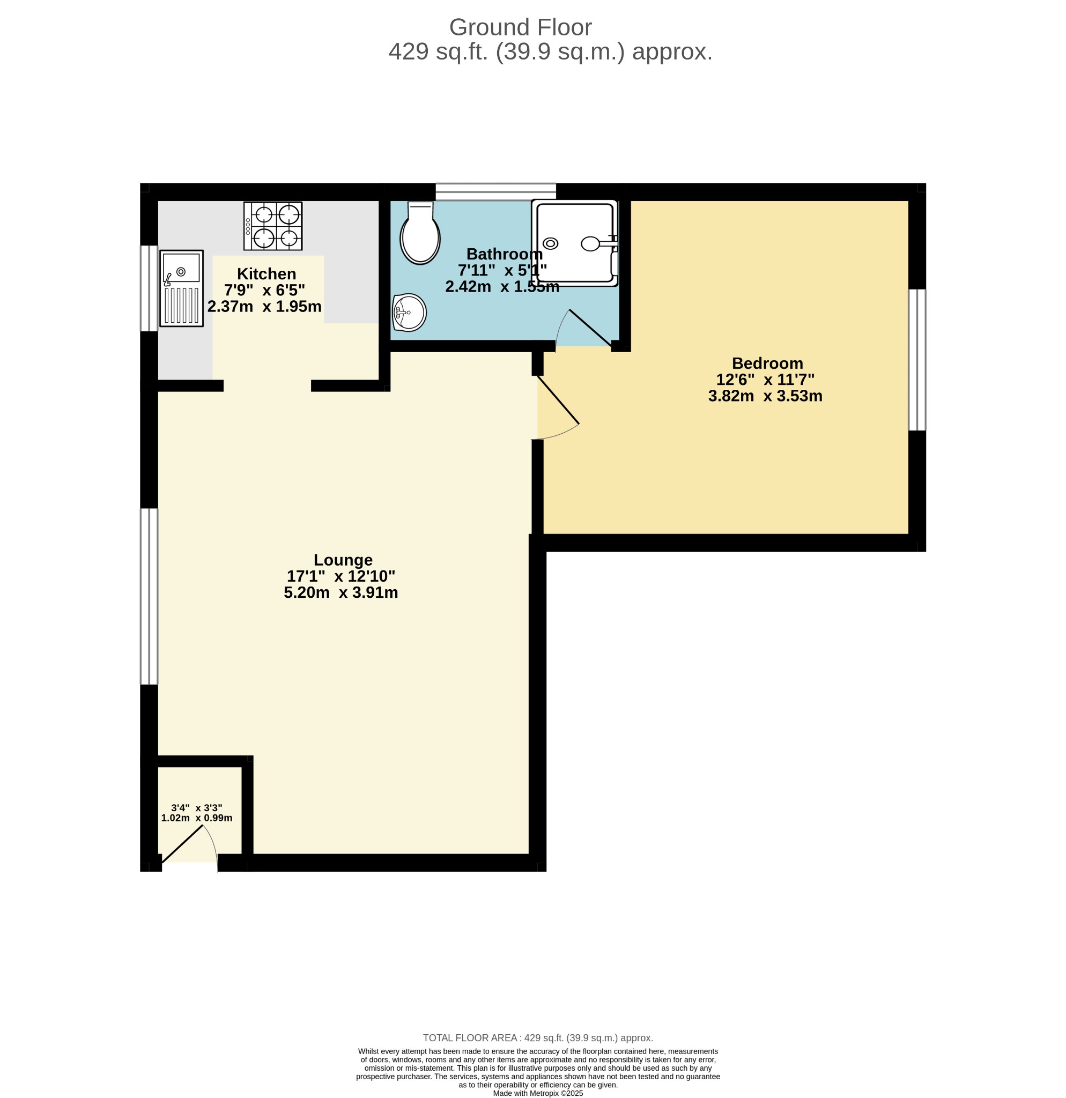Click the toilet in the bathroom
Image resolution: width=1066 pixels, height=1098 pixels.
[x=420, y=233]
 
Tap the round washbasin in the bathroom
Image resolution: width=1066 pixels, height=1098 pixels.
[x=410, y=313]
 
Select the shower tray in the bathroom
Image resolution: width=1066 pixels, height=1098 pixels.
[x=575, y=243]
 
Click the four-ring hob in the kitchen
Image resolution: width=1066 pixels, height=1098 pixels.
[x=273, y=226]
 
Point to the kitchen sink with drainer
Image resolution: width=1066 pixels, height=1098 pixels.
[x=181, y=288]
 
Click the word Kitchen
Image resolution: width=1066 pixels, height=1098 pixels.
[x=266, y=274]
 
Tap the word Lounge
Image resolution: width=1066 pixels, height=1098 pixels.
[x=343, y=560]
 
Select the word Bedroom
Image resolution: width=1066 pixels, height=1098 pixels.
[x=767, y=363]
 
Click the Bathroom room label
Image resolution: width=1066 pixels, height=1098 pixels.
[x=504, y=254]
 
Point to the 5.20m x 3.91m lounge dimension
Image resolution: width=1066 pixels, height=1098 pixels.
[x=341, y=593]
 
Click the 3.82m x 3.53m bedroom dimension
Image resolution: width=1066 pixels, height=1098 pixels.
[x=765, y=396]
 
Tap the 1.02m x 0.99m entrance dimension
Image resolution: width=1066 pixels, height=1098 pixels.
[x=197, y=818]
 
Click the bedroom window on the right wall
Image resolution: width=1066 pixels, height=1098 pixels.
[x=917, y=360]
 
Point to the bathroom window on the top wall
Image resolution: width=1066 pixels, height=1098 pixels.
[x=496, y=191]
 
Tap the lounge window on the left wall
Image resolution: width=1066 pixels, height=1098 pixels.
[x=149, y=597]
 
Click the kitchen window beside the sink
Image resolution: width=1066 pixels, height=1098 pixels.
[x=149, y=288]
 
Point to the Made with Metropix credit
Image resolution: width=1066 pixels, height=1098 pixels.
[x=538, y=1093]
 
